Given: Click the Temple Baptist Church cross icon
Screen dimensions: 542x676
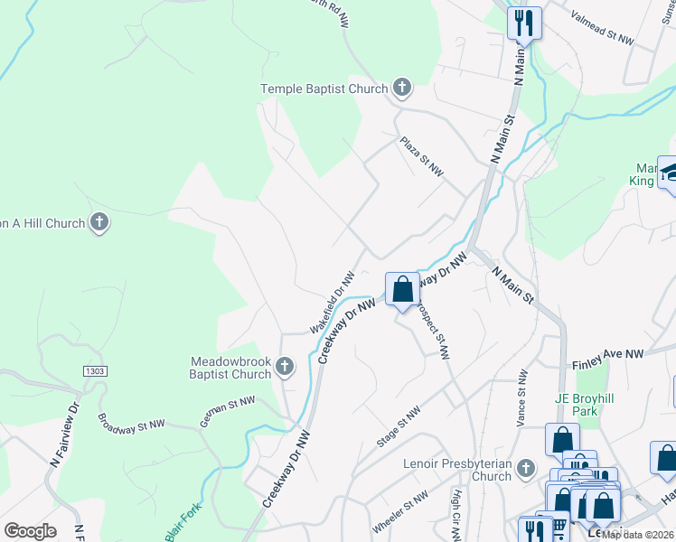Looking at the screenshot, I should click(x=402, y=89).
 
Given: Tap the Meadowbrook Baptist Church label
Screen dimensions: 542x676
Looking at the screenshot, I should click(x=230, y=367).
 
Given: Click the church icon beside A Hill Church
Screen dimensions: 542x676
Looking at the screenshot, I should click(x=99, y=222).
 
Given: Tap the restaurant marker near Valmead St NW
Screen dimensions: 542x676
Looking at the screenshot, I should click(x=524, y=23).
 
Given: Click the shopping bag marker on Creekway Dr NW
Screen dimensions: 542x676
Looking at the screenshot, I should click(x=403, y=290).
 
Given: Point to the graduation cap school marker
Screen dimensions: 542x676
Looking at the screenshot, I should click(x=670, y=174).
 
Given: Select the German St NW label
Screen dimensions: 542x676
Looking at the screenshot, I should click(x=228, y=410).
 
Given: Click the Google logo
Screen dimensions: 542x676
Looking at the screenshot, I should click(x=30, y=531).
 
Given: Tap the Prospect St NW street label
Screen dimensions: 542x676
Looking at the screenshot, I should click(x=432, y=331).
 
